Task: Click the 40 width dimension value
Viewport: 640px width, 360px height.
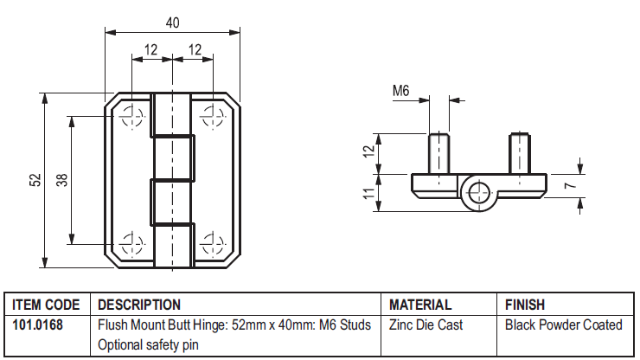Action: (172, 22)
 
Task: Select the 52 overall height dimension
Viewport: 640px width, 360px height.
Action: (35, 180)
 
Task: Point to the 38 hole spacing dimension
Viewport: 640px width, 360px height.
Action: (61, 180)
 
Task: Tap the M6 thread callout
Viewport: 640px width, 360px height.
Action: (400, 90)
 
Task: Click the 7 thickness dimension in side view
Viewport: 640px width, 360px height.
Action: (570, 185)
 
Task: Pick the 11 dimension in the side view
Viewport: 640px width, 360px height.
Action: (369, 193)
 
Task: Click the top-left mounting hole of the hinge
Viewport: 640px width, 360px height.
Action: (131, 117)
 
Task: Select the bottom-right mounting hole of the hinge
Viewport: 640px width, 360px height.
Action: (213, 244)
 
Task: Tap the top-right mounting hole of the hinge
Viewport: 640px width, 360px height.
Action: (213, 117)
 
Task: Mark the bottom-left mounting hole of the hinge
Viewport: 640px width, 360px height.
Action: (131, 244)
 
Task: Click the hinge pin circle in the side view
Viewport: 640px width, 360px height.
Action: (479, 193)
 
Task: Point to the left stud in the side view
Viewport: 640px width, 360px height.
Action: (438, 154)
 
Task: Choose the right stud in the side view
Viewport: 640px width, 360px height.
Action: (520, 154)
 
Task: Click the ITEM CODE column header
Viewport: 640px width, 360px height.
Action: (46, 305)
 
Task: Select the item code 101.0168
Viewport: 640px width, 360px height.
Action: (37, 325)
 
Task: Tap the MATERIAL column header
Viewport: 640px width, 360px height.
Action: (420, 305)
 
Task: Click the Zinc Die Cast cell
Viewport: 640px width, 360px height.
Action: (426, 325)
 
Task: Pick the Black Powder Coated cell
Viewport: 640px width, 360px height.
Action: (564, 325)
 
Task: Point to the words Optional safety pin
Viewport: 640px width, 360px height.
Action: (148, 345)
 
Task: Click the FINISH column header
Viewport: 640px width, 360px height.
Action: (525, 305)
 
